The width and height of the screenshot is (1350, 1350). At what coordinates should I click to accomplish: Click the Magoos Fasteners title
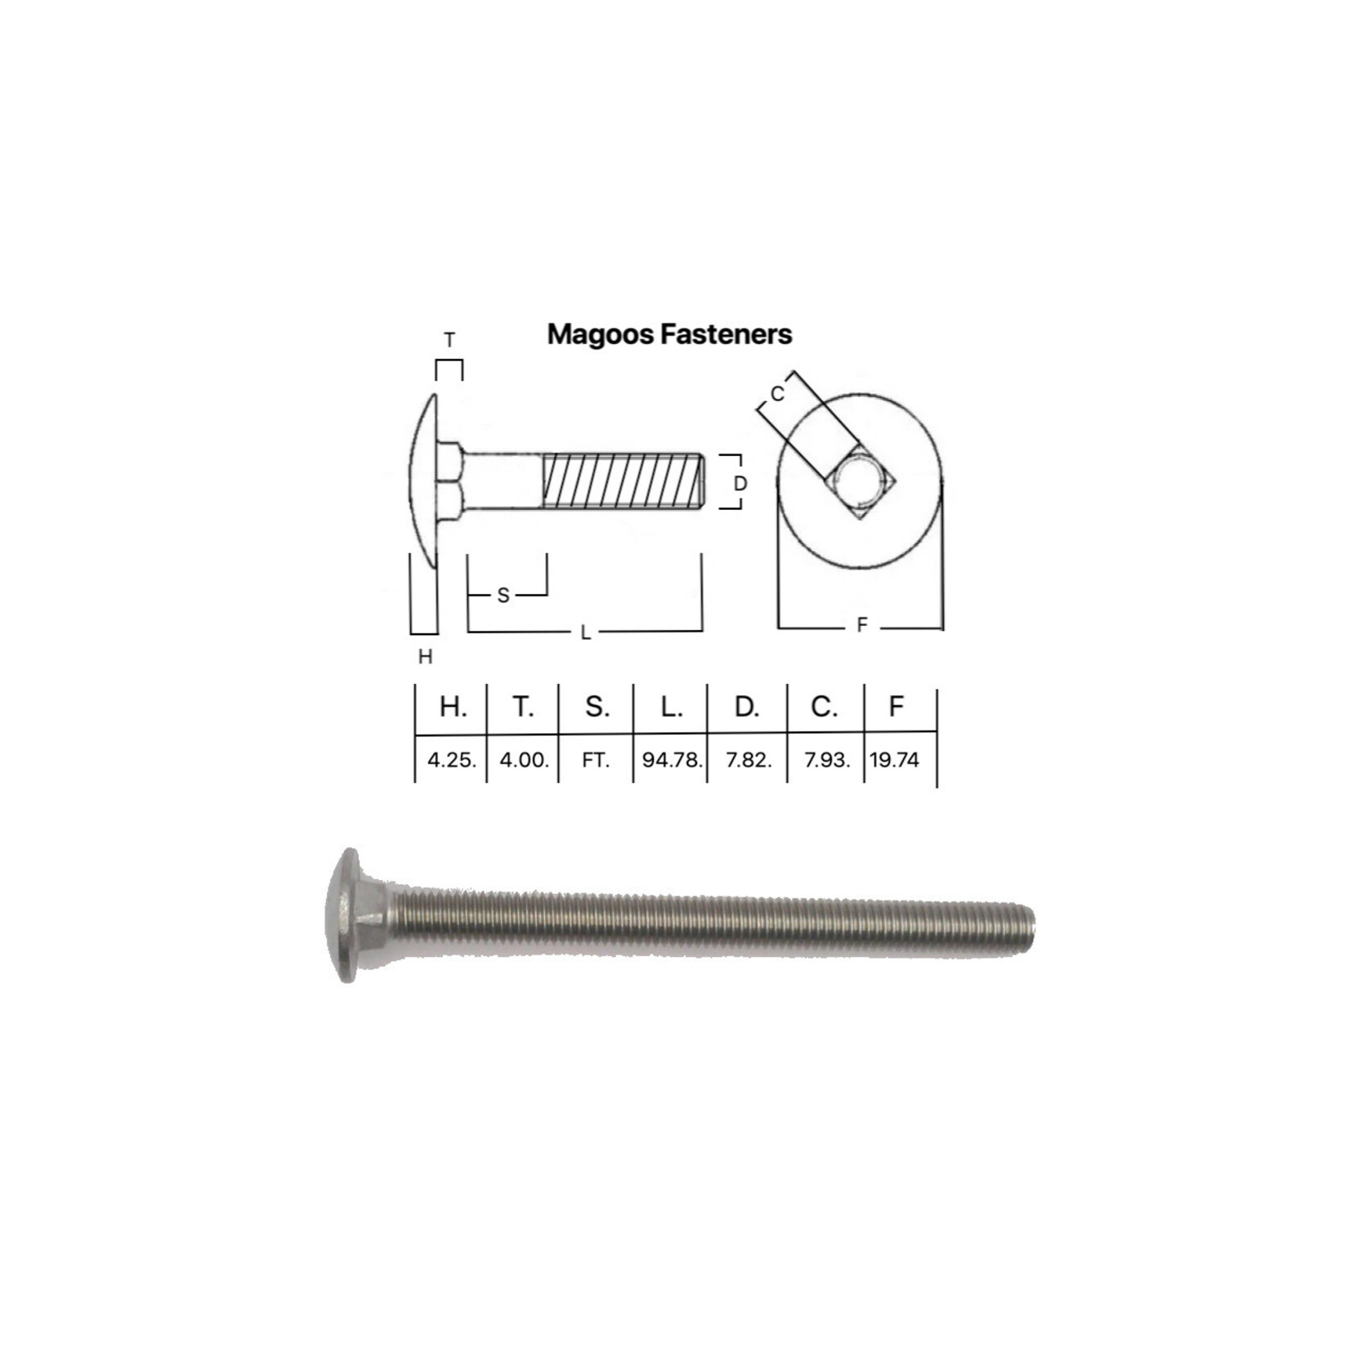(669, 334)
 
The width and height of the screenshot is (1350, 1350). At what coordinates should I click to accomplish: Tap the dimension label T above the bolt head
(449, 340)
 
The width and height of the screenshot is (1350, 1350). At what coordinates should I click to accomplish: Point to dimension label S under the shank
(503, 596)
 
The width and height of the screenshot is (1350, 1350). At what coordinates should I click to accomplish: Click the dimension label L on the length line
(585, 633)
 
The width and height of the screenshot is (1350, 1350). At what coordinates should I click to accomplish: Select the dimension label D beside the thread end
(740, 484)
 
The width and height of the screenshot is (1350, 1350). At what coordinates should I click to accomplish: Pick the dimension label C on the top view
(777, 395)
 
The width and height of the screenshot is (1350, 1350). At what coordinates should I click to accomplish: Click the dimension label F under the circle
(861, 626)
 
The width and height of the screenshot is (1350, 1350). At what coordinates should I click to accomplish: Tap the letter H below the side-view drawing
(425, 656)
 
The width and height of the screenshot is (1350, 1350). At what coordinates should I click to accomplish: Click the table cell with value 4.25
(451, 760)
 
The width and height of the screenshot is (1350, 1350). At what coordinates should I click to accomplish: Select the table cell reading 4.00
(524, 760)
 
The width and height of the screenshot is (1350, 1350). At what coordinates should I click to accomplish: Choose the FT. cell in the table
(596, 760)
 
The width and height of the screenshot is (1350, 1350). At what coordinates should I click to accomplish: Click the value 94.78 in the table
(671, 760)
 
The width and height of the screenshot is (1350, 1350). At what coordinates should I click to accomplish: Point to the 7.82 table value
(748, 760)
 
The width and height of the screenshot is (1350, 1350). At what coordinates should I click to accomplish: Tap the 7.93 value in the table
(826, 760)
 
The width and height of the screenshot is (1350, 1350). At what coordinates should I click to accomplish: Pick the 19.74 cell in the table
(895, 760)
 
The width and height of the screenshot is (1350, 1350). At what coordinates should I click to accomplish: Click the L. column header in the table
(671, 707)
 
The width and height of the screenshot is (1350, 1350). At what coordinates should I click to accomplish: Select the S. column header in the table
(597, 707)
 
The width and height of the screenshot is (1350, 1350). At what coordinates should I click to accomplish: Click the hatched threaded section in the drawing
(621, 481)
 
